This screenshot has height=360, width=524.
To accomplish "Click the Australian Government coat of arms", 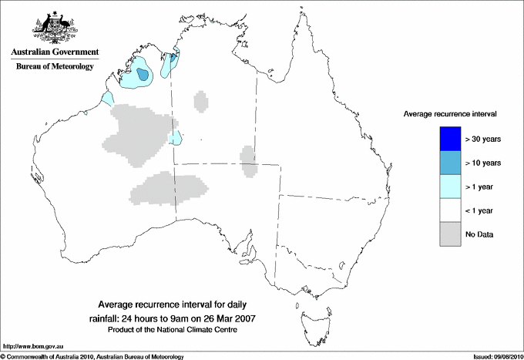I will pyautogui.click(x=53, y=26).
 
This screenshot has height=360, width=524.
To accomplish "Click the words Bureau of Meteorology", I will pyautogui.click(x=55, y=67).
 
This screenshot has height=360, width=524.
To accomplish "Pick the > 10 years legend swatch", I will pyautogui.click(x=449, y=163).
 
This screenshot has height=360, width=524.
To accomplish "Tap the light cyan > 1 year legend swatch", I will pyautogui.click(x=449, y=187).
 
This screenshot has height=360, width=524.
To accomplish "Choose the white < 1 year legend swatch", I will pyautogui.click(x=449, y=210).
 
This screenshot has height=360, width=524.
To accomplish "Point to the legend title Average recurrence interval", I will pyautogui.click(x=449, y=113).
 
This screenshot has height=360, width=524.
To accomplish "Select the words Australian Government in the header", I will pyautogui.click(x=55, y=52).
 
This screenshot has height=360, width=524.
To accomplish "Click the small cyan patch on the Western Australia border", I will pyautogui.click(x=176, y=138).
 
